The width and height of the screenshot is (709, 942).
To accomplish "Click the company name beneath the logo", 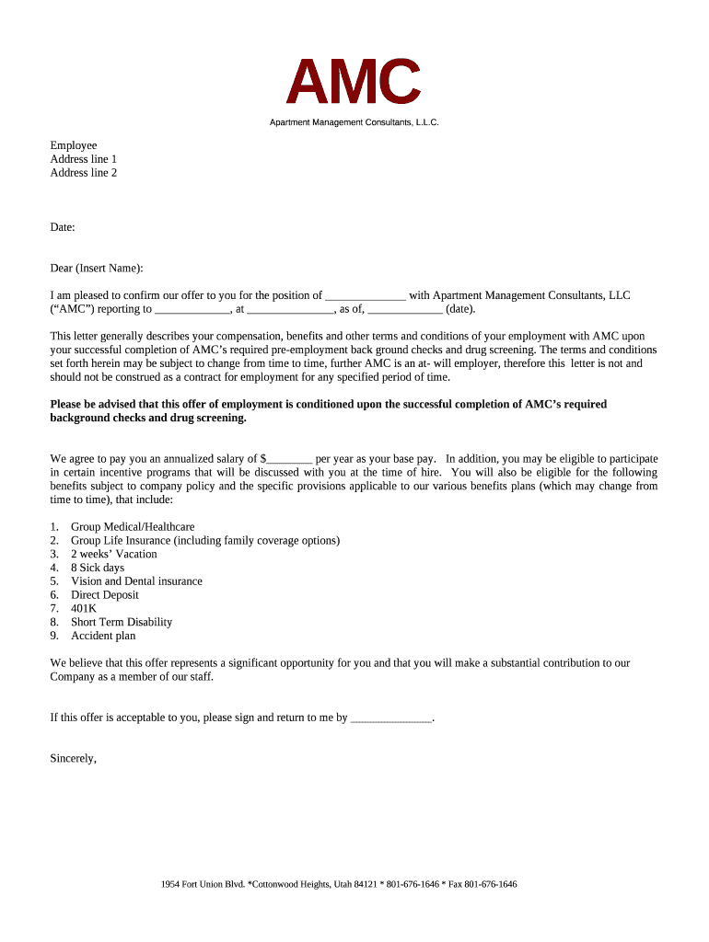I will point(354,122).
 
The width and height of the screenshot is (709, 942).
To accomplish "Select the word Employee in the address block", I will point(74,145).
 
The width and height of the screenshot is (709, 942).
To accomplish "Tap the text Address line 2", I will point(84,172).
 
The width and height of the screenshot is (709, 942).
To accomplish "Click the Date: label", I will point(63,226).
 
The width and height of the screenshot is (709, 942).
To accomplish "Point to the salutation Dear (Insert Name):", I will point(97,269).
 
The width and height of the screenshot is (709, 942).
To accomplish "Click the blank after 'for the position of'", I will point(366,296).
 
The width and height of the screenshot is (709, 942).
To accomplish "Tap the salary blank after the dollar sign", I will point(290,458).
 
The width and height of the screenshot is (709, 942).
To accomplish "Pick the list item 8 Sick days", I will point(98,568).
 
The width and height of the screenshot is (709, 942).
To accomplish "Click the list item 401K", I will point(84,609).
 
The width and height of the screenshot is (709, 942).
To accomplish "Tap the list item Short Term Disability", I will point(122,622).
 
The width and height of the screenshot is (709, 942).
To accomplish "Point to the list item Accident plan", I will point(103,636).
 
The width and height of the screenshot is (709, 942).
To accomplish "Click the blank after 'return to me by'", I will point(391,718).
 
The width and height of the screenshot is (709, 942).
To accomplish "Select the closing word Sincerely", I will point(73,759).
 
